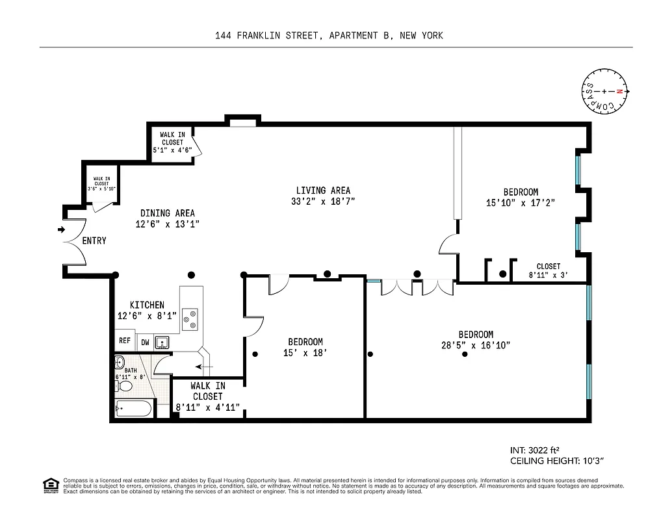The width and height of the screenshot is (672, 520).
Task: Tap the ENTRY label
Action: point(94,241)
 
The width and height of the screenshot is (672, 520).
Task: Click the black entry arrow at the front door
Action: point(61,229)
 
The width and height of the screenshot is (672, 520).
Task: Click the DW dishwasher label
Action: point(145,342)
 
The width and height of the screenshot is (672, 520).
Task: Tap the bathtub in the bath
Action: point(134,409)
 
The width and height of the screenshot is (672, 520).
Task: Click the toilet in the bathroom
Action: point(124,387)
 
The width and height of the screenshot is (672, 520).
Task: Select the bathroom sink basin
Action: point(120,362)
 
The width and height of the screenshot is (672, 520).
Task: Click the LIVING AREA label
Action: point(323,190)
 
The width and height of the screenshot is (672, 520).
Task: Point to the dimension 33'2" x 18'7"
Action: point(323,201)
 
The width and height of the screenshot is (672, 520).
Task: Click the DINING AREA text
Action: point(167,213)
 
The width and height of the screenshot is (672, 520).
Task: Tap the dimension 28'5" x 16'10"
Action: point(475,346)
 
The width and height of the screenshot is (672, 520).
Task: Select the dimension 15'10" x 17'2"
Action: point(521,203)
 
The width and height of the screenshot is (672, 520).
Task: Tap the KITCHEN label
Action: point(147,305)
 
